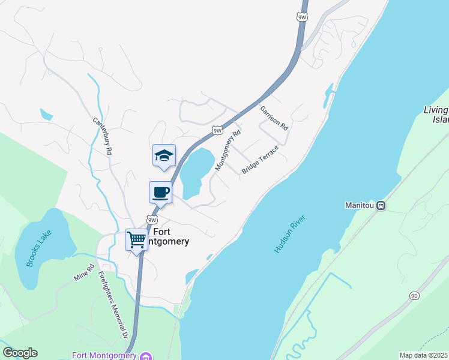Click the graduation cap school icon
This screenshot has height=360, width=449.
pos(164,156)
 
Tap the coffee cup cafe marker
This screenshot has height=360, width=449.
pos(160,193)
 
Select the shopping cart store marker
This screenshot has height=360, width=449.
pos(136,239)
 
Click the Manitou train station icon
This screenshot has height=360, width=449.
pos(381,205)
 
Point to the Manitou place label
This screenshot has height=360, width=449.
pos(360,205)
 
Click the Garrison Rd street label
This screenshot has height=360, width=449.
pos(274,118)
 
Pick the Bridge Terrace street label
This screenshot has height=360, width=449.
pos(260,160)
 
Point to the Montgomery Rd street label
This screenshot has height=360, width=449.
pos(228,150)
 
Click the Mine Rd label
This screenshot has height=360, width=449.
pos(84,273)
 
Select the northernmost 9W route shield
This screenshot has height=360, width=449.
pos(303,17)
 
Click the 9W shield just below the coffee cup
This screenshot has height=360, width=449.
pos(152,220)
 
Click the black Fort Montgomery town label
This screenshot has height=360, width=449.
pos(171,236)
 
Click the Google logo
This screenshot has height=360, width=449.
pos(20,353)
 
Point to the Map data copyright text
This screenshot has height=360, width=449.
pos(423,355)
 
